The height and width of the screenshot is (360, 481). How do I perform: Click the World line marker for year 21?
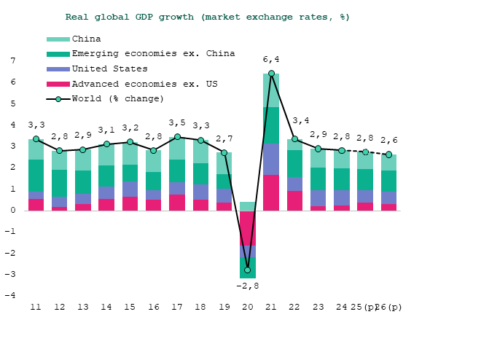tap(271, 74)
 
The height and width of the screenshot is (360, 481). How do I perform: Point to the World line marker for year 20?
tap(248, 270)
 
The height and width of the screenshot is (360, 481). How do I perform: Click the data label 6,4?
tap(271, 60)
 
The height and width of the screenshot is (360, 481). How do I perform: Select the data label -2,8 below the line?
tap(248, 286)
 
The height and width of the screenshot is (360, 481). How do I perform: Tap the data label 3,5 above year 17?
tap(177, 123)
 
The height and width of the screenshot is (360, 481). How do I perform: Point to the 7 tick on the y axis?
tap(12, 61)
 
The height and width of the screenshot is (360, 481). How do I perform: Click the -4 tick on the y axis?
tap(10, 296)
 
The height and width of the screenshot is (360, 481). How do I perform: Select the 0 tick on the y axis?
tap(12, 211)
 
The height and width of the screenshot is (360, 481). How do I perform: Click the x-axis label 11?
tap(36, 308)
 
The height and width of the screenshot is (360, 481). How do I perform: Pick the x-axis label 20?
tap(248, 308)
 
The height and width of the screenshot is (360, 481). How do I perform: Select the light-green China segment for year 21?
tap(271, 90)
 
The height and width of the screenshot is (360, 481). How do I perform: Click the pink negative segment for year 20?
tap(248, 228)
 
